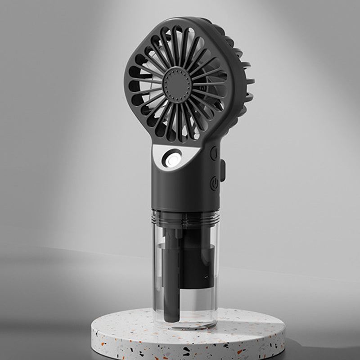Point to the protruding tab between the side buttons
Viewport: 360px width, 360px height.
(x=222, y=171)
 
